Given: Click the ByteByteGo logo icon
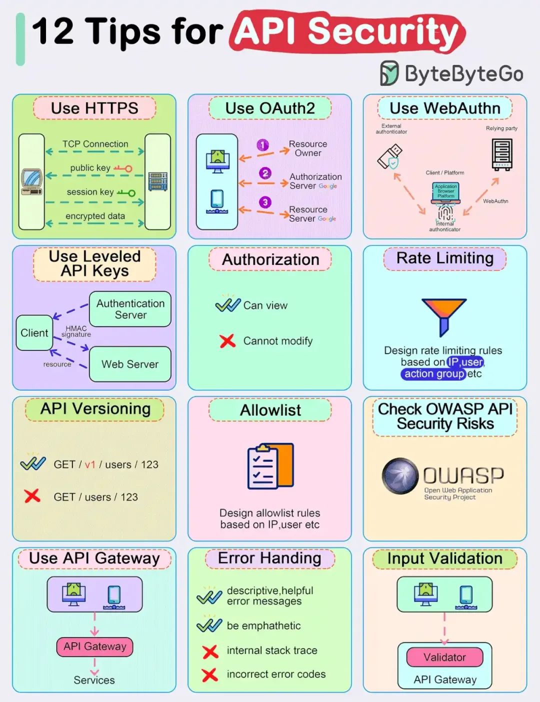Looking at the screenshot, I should (389, 73).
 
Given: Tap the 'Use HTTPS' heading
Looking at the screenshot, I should (94, 108).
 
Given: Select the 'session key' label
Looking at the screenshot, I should (90, 192).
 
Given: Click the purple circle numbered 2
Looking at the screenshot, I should (265, 173).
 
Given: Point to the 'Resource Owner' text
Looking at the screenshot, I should (307, 148).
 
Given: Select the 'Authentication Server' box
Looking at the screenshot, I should (130, 309).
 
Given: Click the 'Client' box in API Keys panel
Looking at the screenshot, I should (34, 333).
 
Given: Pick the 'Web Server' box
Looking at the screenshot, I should (130, 364).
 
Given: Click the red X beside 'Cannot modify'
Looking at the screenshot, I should (227, 341).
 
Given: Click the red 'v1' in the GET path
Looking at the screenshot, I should (90, 464).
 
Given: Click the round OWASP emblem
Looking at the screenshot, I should (400, 475).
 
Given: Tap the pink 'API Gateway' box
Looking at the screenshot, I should (94, 646).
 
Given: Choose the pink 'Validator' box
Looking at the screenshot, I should (444, 657).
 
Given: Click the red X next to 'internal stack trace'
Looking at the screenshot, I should (210, 651).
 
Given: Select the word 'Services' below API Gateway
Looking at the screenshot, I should (94, 680).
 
